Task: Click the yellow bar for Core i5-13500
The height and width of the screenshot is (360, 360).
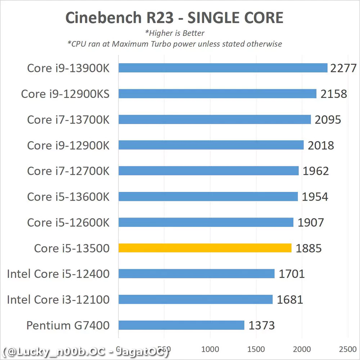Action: point(205,248)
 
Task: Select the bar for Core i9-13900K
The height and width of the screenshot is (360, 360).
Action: point(223,68)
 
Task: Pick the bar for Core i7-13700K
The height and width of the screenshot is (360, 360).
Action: point(215,120)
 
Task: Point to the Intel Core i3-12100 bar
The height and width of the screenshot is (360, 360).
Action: point(195,300)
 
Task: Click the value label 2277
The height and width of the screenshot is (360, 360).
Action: point(343,68)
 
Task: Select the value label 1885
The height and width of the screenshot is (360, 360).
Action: point(309,248)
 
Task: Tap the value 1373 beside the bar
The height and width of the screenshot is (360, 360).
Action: point(262,325)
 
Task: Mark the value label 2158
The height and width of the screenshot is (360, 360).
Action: point(334,94)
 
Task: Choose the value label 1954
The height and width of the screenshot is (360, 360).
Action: point(315,197)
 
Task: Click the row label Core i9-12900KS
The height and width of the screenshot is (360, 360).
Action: point(65,94)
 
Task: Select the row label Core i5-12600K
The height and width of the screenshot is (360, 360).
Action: point(68,222)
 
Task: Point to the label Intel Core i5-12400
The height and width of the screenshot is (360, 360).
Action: point(58,274)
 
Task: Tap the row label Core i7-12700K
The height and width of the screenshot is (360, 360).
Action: point(68,171)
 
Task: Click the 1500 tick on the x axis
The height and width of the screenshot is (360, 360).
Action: point(256,349)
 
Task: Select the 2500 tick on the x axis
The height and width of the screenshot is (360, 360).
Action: point(347,349)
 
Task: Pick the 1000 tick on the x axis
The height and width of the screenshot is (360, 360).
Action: point(210,349)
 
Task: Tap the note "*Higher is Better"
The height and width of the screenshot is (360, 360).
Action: point(175,33)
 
